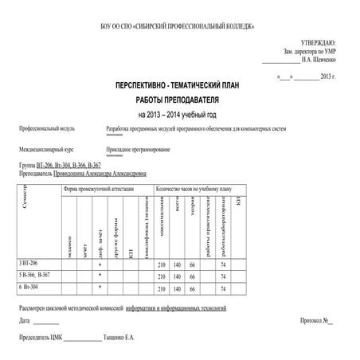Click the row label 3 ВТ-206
click(x=29, y=263)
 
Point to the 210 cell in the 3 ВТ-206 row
click(x=162, y=264)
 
